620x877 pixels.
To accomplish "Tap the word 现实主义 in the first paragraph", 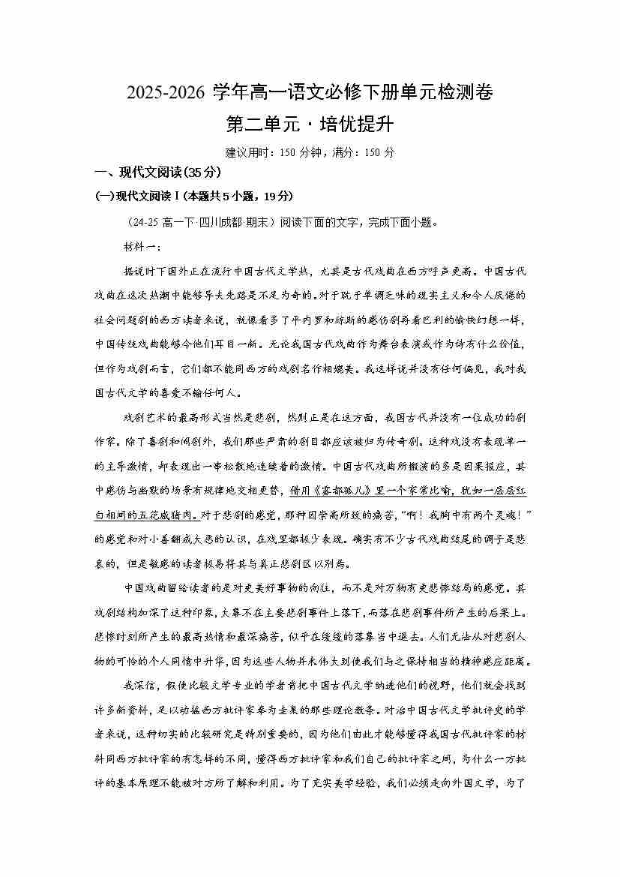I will pyautogui.click(x=419, y=295).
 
